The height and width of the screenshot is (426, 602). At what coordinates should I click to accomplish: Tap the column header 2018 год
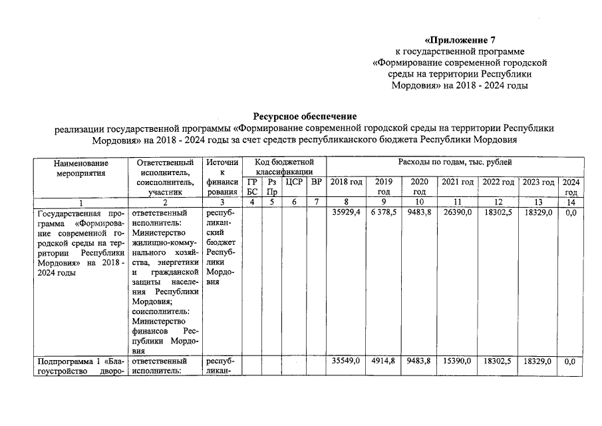coord(346,182)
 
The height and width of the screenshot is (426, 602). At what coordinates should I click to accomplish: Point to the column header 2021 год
coord(457,182)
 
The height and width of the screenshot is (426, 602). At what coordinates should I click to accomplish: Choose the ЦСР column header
coord(294,182)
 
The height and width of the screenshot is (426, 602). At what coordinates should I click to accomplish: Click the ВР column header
coord(316,182)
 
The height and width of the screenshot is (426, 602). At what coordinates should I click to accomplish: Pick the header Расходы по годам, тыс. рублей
coord(455,162)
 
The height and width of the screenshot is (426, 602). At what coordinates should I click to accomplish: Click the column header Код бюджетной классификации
coord(283,167)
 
